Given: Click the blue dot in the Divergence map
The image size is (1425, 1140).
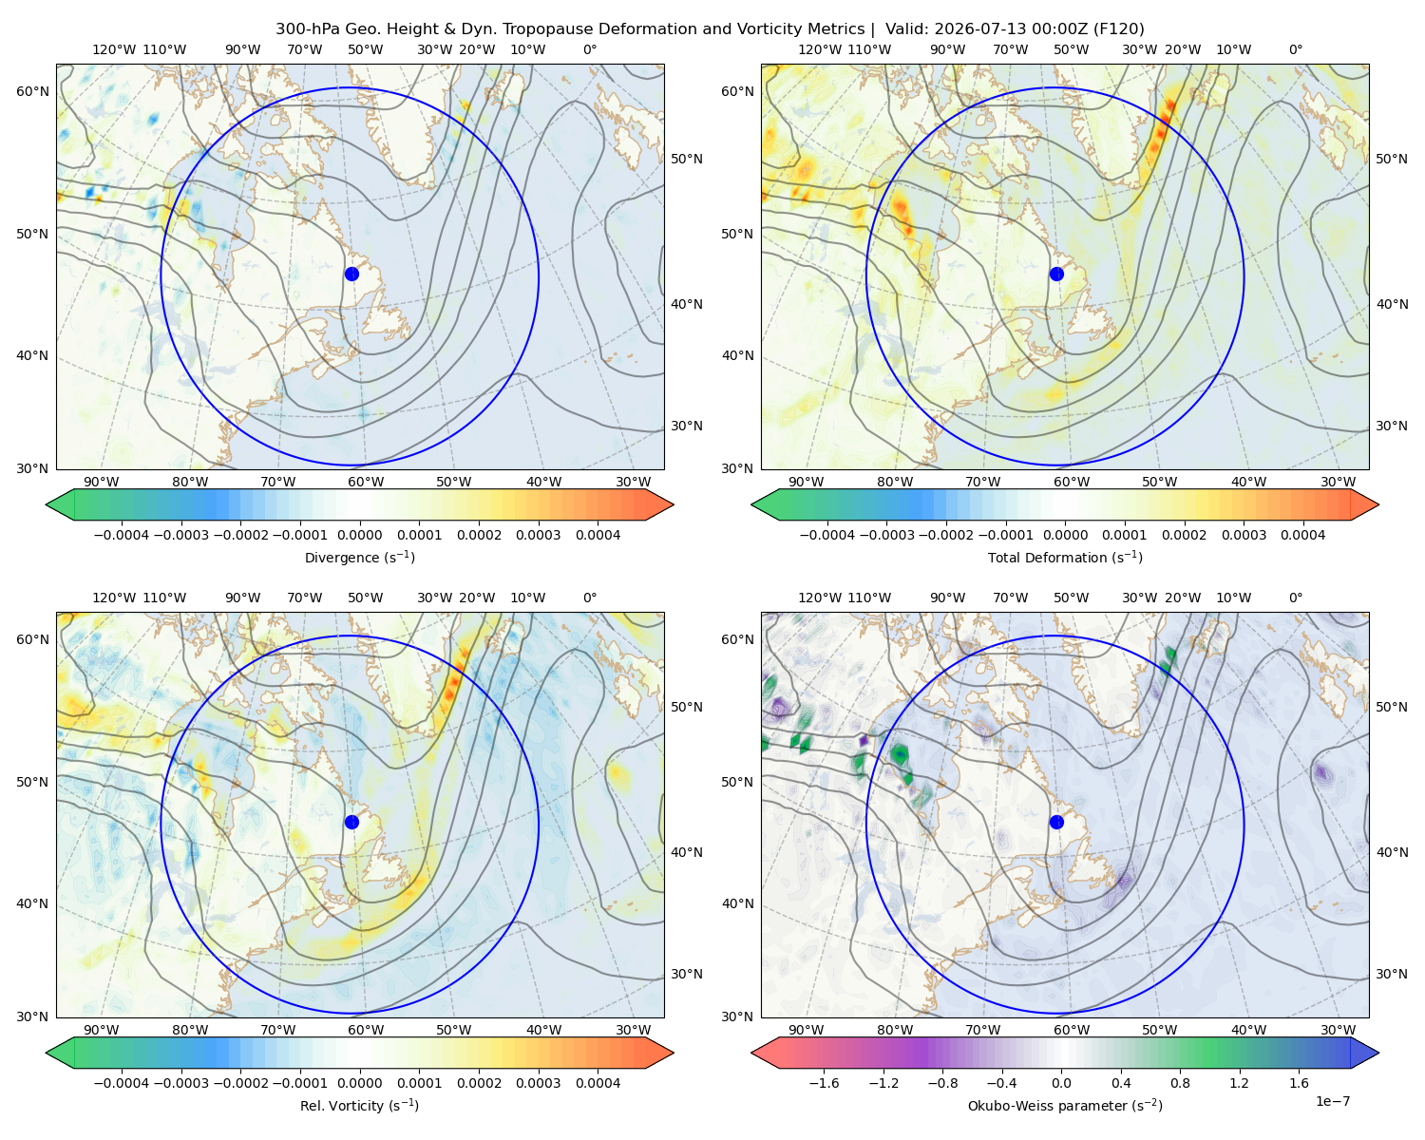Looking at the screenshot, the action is coord(351,274).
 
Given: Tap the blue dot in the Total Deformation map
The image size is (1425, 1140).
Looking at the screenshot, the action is coord(1056,274).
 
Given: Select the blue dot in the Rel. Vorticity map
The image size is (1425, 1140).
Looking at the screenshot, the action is coord(351,822).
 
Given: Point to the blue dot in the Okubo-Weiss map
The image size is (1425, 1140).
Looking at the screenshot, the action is coord(1056,822).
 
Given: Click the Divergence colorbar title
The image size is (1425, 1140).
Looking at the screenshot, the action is coord(359,557).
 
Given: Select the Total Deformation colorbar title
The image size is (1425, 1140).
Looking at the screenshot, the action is coord(1065,557).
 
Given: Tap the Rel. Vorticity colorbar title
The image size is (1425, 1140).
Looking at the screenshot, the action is coord(359,1105).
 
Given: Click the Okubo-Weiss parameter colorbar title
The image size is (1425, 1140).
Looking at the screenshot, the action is coord(1065,1105).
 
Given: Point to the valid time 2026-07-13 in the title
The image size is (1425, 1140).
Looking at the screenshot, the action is coord(970,29).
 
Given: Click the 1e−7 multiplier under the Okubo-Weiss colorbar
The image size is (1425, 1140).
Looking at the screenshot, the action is coord(1332,1101).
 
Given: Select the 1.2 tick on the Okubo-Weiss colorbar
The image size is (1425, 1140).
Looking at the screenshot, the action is coord(1239,1082).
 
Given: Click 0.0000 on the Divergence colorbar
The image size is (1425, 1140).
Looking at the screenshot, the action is coord(359,535).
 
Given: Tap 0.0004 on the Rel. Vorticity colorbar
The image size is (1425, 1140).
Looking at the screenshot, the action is coord(598,1082).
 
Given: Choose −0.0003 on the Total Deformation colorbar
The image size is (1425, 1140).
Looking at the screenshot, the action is coord(886,535).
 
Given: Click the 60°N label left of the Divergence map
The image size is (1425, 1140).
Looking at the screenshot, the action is coord(32,91).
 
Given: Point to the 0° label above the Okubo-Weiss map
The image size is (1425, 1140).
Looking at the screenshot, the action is coord(1295,597).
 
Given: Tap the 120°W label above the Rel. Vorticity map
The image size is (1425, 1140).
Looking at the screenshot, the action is coord(114,597).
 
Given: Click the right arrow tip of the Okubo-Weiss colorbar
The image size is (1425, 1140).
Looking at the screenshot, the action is coord(1378,1053).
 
